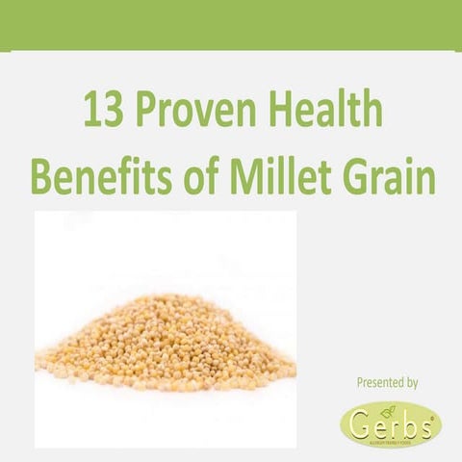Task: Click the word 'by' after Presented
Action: click(x=411, y=383)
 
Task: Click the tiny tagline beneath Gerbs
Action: click(x=396, y=442)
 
